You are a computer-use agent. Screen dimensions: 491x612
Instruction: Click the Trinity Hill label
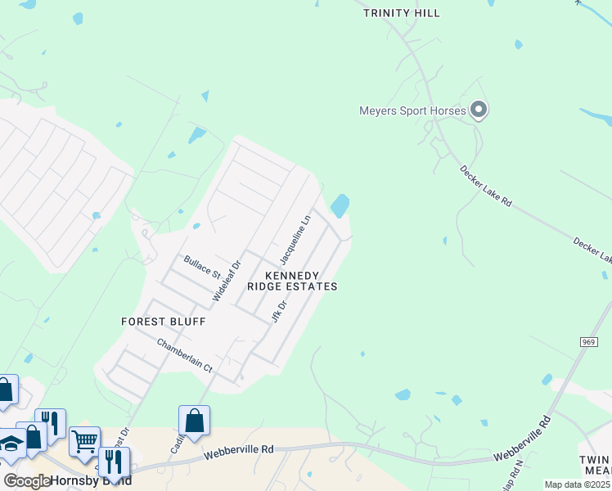[401, 13]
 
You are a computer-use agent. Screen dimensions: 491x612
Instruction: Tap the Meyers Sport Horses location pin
[479, 110]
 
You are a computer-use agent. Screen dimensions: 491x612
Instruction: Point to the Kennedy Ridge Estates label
[292, 282]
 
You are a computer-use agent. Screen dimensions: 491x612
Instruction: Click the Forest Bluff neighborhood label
[163, 322]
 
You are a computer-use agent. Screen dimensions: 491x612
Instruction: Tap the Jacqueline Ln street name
[295, 240]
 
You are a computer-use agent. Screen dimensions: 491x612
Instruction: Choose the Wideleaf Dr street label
[227, 280]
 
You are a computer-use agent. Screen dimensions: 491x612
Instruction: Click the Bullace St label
[202, 265]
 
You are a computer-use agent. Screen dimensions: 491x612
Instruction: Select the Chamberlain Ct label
[184, 355]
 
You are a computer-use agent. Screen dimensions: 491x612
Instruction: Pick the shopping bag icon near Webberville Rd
[195, 421]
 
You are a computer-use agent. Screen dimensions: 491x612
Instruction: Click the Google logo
[27, 481]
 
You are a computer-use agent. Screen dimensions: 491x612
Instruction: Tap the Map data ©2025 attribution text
[578, 484]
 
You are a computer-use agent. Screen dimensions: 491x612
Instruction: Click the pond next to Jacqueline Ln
[340, 205]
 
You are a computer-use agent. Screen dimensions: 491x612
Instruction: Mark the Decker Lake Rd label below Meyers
[485, 186]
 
